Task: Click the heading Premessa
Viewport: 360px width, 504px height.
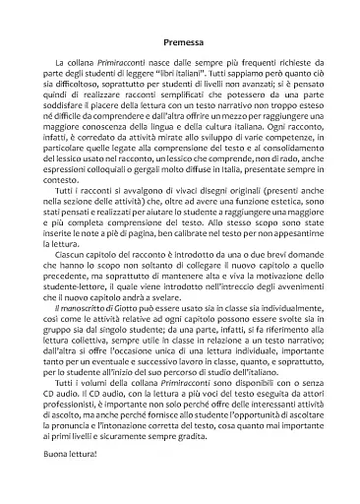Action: tap(180, 42)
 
